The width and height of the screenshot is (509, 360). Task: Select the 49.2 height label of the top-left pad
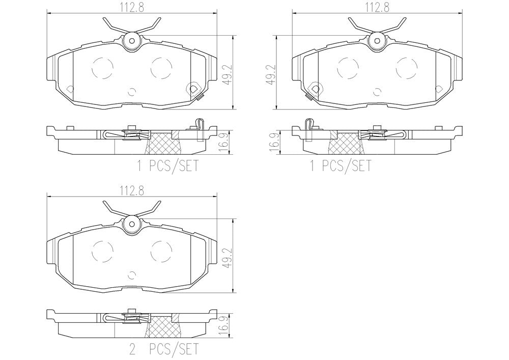coord(228,74)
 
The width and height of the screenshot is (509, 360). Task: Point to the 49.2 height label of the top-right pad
coord(271,74)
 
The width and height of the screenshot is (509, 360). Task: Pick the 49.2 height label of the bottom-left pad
coord(228,258)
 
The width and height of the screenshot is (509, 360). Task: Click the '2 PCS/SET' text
coord(163,349)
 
